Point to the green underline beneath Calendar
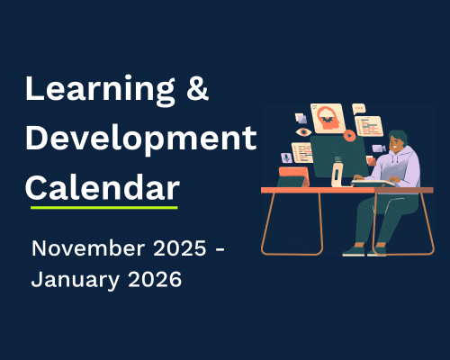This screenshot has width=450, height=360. point(103,208)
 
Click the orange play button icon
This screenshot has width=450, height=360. point(348,136)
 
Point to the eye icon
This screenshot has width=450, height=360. point(304,131)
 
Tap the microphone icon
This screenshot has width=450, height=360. point(286,157)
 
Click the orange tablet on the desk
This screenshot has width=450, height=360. point(292,178)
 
